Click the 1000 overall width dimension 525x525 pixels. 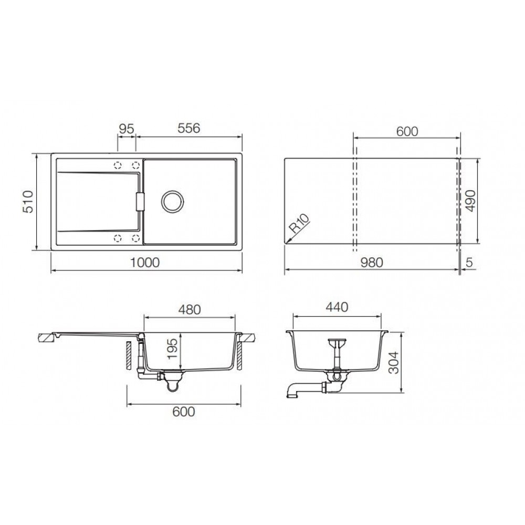point(145,262)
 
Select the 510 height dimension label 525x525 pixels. point(28,202)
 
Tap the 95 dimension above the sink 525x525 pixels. point(127,129)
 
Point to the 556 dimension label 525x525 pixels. point(189,128)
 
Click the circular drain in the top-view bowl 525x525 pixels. point(172,201)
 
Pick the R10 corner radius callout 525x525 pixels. point(299,223)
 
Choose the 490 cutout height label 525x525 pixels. point(470,201)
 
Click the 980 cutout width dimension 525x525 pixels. point(372,262)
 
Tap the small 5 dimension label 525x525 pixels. point(469,262)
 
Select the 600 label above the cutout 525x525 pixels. point(407,132)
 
